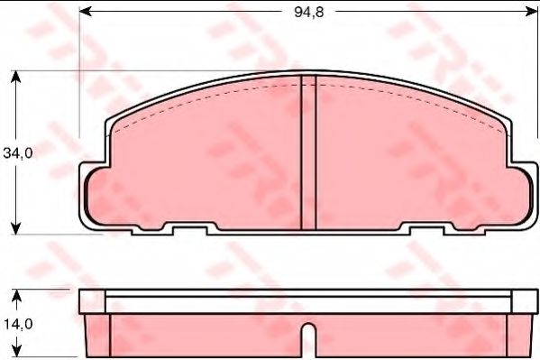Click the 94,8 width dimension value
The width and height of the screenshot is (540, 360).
[x=304, y=13]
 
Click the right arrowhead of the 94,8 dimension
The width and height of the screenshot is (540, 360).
[x=526, y=13]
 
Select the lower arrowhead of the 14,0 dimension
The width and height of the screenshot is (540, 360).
[x=16, y=353]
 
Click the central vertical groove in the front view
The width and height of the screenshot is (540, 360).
[x=307, y=153]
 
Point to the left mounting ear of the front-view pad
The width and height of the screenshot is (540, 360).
[x=94, y=196]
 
